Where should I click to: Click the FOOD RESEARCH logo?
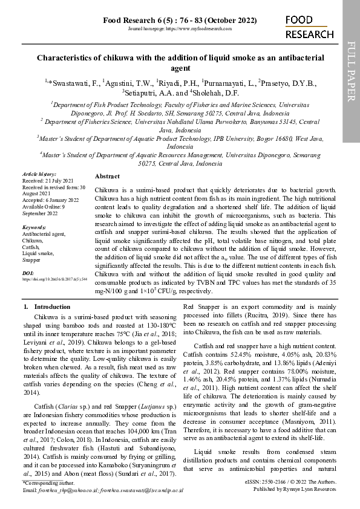pos(306,27)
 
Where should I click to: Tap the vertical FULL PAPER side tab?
pos(351,71)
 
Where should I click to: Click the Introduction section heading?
pos(51,306)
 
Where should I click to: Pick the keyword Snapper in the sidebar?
pos(32,260)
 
